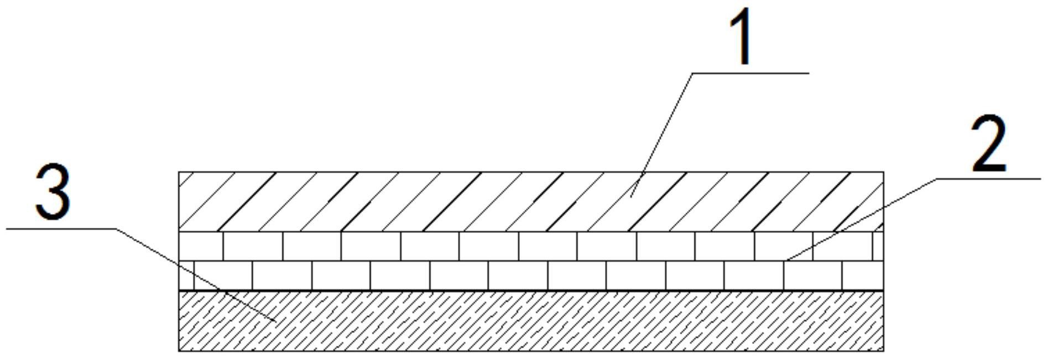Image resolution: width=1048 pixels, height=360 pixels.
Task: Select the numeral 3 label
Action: pyautogui.click(x=53, y=192)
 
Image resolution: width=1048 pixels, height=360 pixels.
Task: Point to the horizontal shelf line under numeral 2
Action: pyautogui.click(x=990, y=179)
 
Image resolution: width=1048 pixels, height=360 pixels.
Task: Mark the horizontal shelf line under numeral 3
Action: pyautogui.click(x=61, y=228)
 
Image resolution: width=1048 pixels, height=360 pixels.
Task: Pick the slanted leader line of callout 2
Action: pyautogui.click(x=863, y=218)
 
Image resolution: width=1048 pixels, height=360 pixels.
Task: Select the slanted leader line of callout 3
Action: pyautogui.click(x=194, y=273)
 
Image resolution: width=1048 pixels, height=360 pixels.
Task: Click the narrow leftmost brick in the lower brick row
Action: pyautogui.click(x=186, y=275)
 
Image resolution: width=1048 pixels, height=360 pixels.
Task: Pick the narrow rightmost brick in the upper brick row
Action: pyautogui.click(x=878, y=246)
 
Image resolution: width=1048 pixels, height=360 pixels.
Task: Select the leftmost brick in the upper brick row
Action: pyautogui.click(x=201, y=246)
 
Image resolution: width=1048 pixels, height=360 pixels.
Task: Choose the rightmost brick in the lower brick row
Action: pyautogui.click(x=862, y=275)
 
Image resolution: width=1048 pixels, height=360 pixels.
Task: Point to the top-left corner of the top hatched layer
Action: pyautogui.click(x=179, y=172)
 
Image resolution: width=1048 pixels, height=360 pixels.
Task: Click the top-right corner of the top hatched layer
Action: pyautogui.click(x=883, y=172)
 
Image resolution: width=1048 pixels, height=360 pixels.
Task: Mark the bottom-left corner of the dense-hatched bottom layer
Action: pyautogui.click(x=179, y=351)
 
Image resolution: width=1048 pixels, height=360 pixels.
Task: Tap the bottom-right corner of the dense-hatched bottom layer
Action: pyautogui.click(x=883, y=351)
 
